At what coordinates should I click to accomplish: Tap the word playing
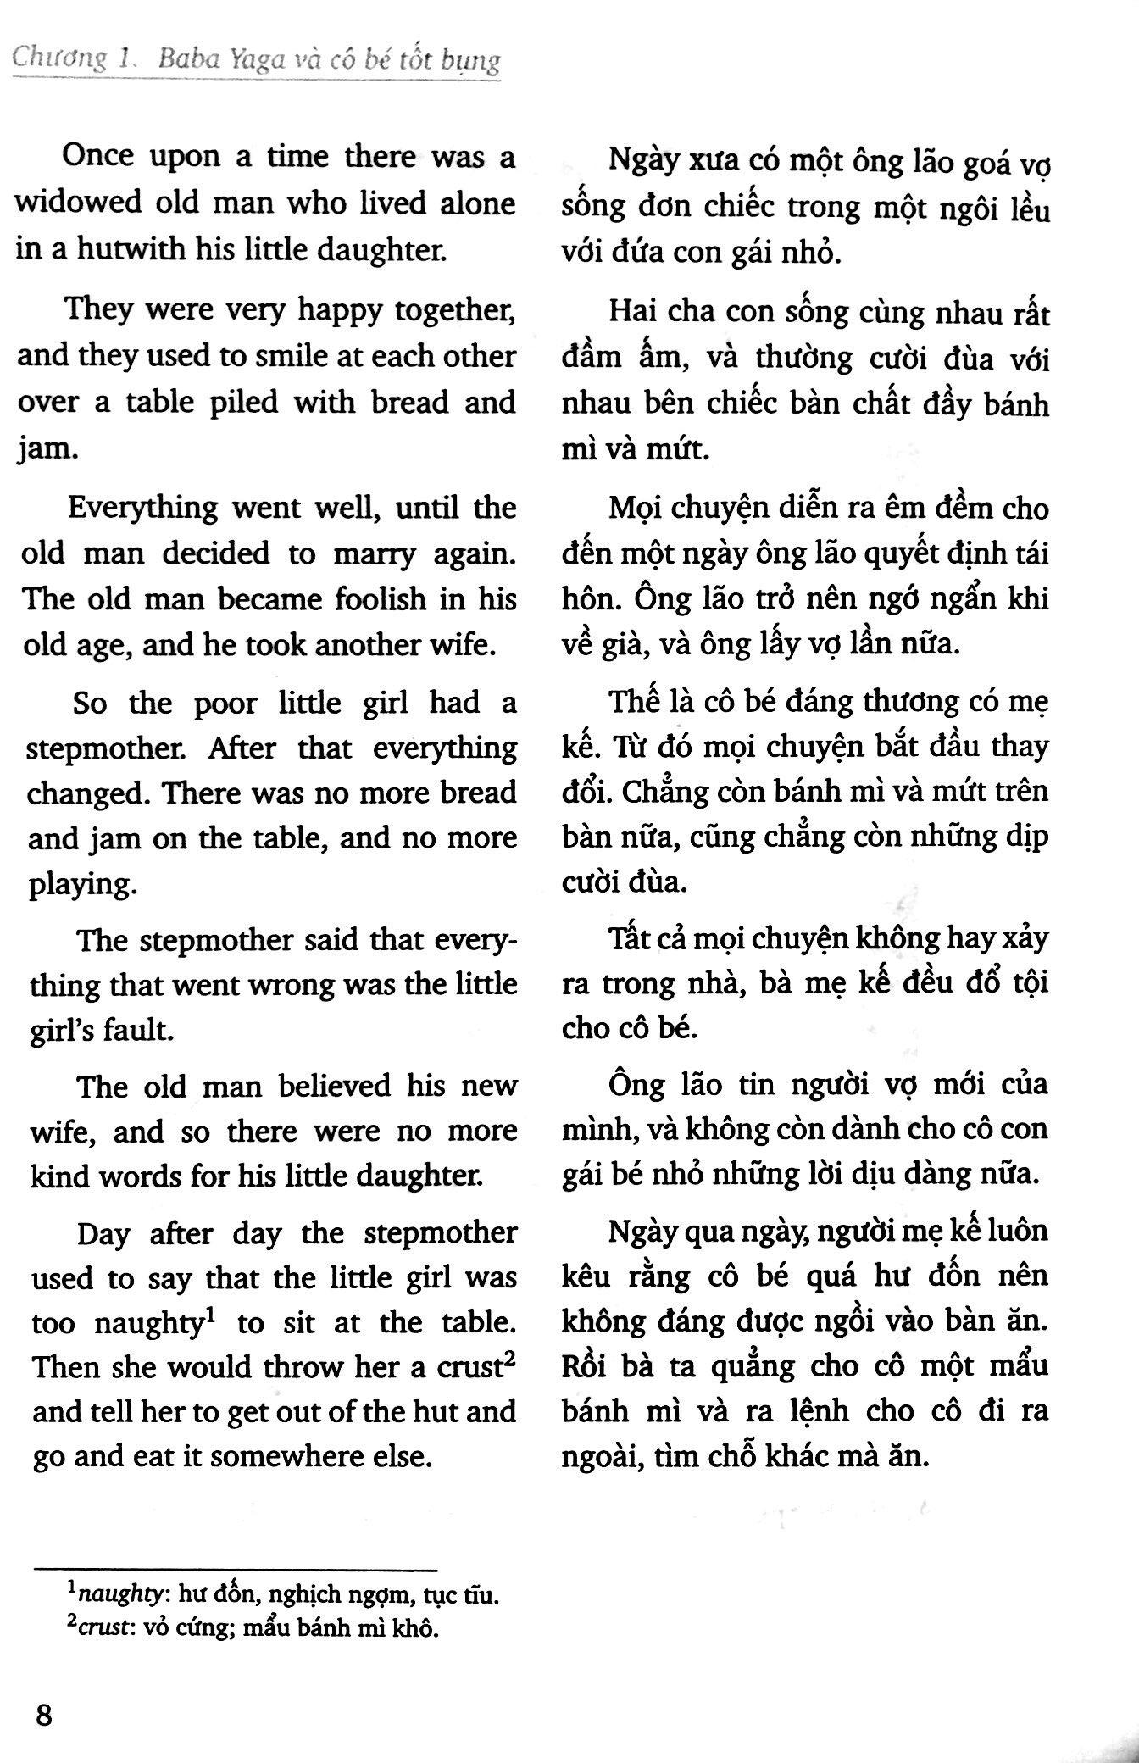82,885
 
